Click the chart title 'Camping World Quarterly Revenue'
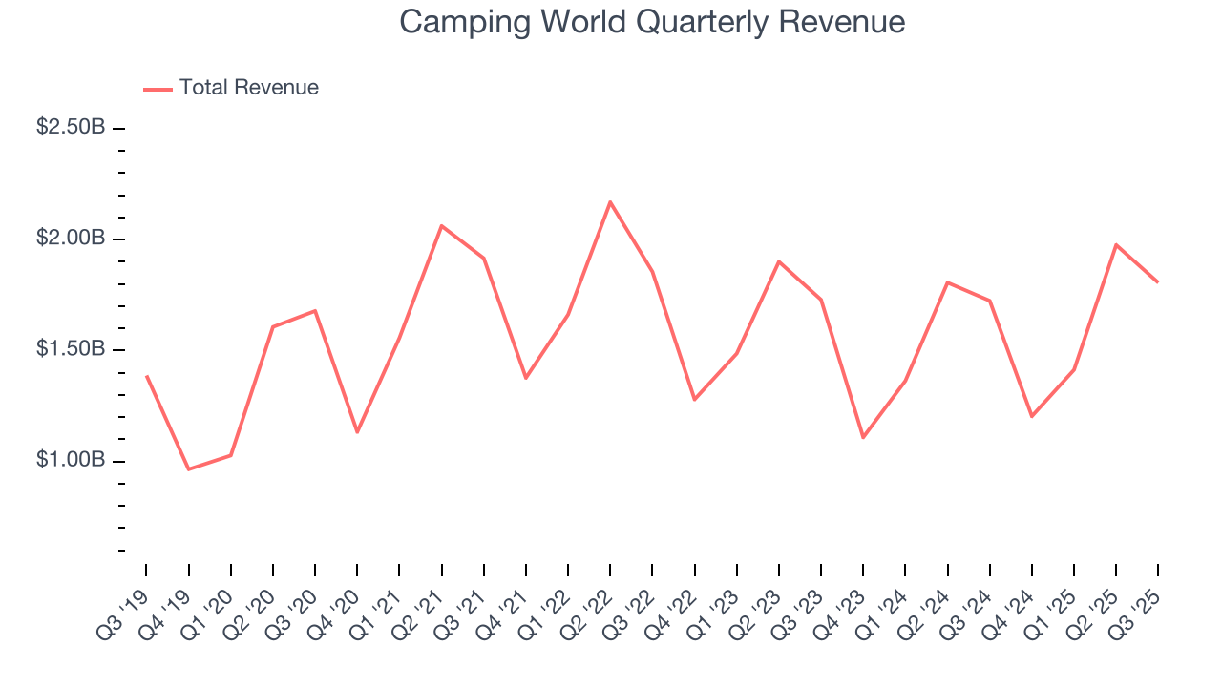[652, 21]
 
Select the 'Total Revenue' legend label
[248, 88]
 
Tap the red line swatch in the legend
[158, 89]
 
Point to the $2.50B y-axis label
[71, 127]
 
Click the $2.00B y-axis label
[71, 238]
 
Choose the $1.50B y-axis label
[71, 349]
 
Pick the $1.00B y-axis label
[71, 460]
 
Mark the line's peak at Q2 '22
[610, 201]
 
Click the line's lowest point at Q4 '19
[188, 469]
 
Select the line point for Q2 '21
[441, 225]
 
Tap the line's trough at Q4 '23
[863, 438]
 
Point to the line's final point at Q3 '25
[1158, 282]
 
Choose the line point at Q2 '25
[1116, 244]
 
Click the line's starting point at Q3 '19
[146, 376]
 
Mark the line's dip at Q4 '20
[357, 432]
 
